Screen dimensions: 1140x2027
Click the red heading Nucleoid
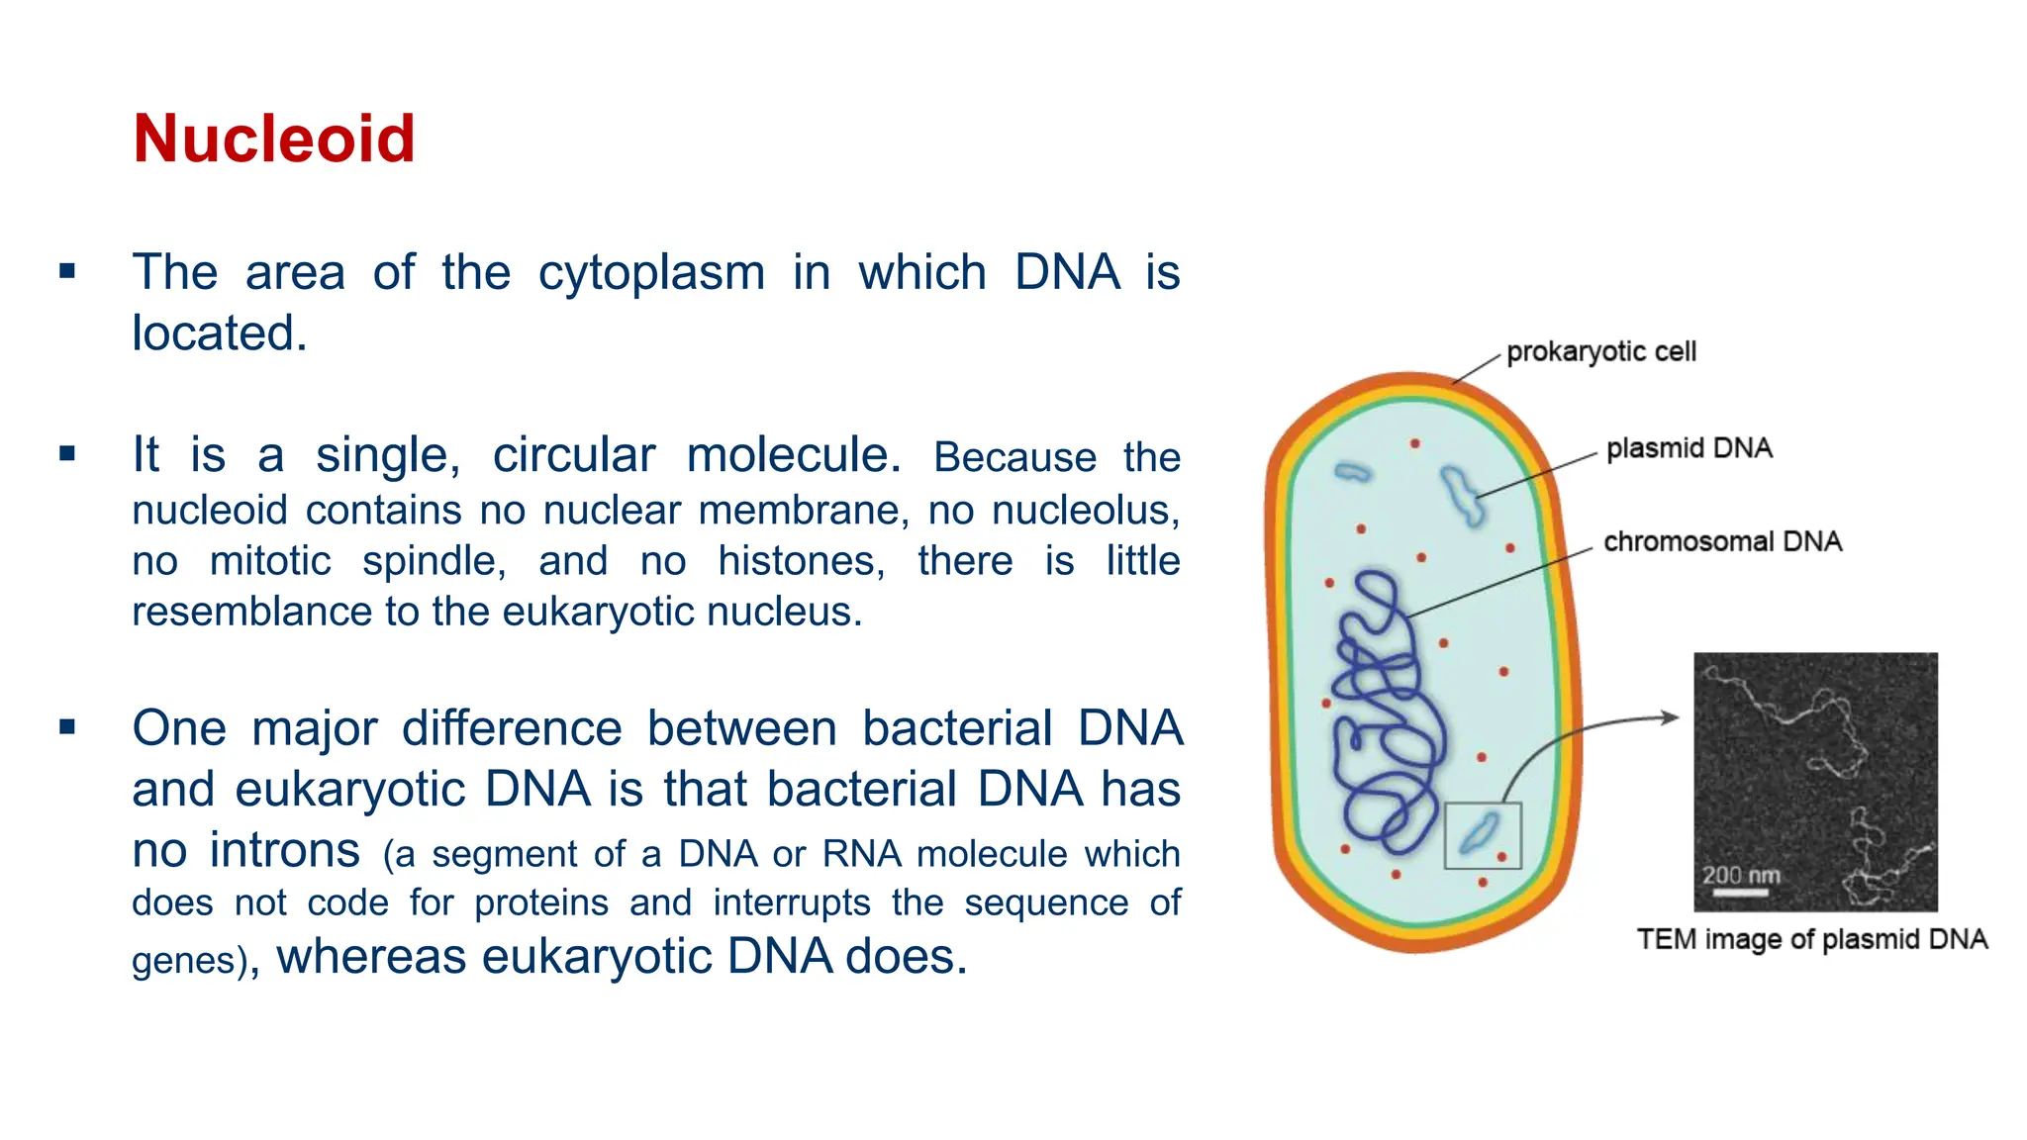273,139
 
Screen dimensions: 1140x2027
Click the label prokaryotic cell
1600,352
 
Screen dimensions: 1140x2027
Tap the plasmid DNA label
1689,448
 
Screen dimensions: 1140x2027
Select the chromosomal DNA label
1722,541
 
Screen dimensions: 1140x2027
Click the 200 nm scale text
1740,876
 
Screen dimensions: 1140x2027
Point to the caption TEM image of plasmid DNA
1811,939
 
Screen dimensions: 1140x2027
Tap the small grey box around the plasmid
1482,835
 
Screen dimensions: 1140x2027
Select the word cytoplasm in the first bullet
651,272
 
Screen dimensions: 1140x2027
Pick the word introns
285,850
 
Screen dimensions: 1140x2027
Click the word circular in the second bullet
574,455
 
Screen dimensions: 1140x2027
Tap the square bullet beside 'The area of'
67,271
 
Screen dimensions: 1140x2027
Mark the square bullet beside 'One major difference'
67,727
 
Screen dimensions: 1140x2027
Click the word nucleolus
1085,511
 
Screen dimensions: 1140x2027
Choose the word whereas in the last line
371,957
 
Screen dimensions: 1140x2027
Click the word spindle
434,562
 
